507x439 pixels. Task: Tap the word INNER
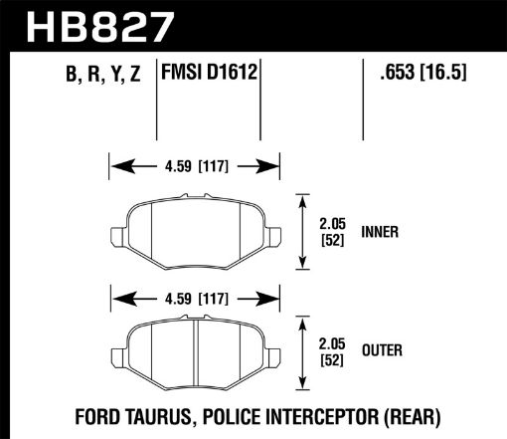coord(381,232)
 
